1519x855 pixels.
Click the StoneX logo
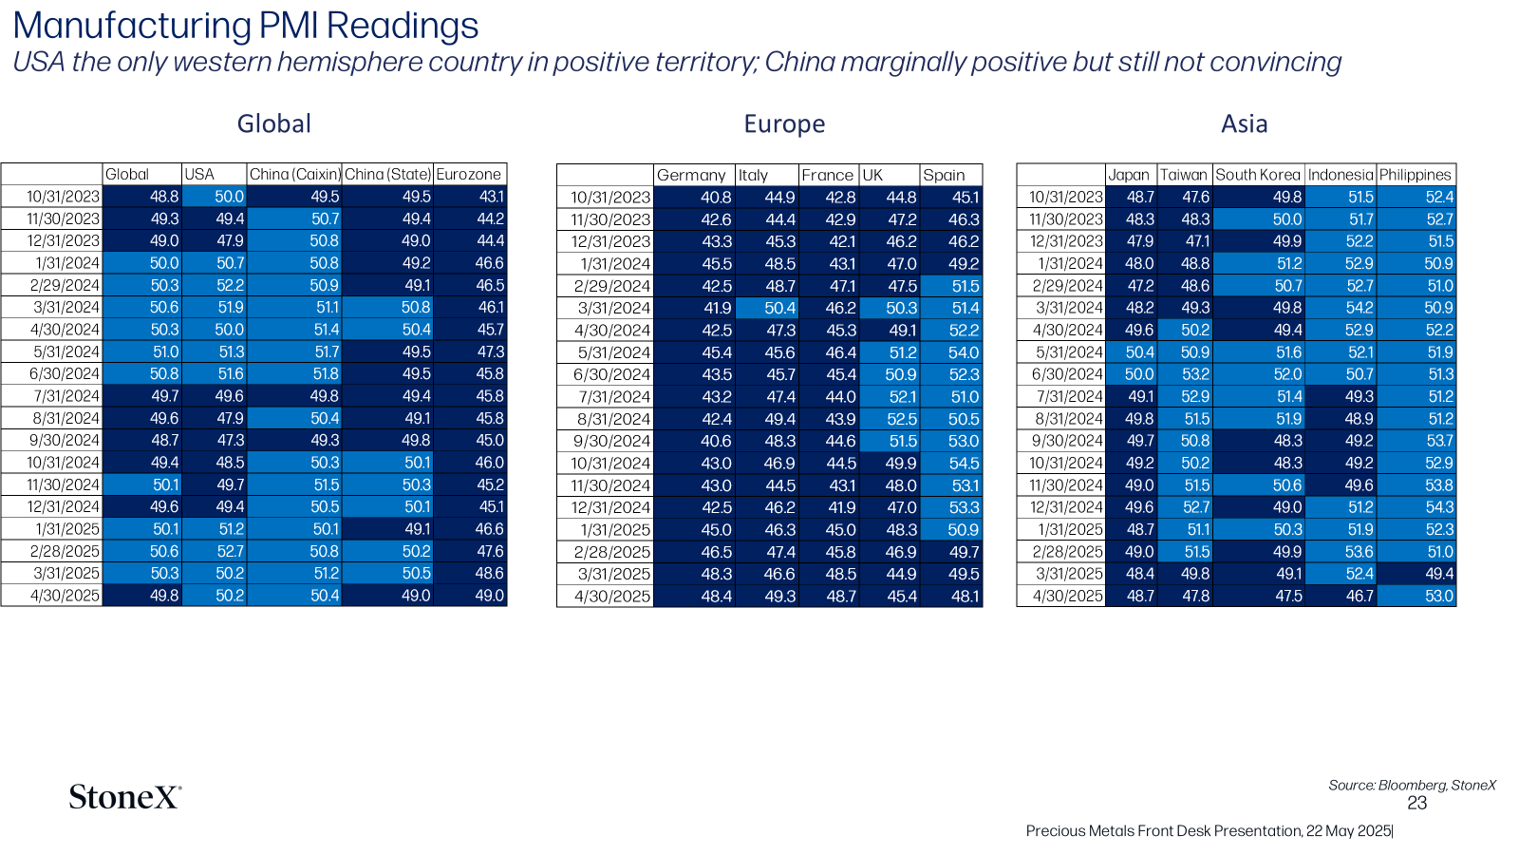(124, 797)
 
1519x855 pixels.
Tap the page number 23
(1416, 804)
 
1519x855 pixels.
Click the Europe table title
(784, 124)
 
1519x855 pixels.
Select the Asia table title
(1244, 124)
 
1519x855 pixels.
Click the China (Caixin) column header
(294, 175)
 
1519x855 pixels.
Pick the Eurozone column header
(469, 175)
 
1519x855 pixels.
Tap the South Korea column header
(1258, 175)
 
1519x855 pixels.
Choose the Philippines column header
(1416, 175)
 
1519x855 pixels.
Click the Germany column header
(691, 175)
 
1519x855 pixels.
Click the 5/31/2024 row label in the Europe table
(613, 352)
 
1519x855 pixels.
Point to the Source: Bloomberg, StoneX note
(1412, 785)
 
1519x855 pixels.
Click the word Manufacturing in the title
(132, 26)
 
